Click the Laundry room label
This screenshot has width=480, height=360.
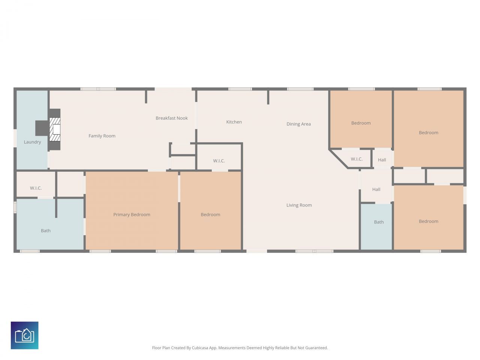32,142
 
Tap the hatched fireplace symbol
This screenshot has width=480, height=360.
55,129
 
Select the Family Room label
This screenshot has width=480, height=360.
102,136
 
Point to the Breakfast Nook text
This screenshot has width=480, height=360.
172,118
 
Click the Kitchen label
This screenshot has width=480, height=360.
234,122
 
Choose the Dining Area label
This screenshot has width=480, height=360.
298,124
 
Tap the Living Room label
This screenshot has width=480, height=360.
299,205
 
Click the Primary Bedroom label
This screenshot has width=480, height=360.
132,215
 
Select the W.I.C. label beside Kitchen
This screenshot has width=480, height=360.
219,161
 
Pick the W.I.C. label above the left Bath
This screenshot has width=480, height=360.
36,188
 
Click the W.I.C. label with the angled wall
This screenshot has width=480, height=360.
357,159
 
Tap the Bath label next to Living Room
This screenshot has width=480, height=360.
379,222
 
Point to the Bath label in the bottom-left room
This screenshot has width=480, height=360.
46,231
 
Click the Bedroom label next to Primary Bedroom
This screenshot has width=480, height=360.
210,215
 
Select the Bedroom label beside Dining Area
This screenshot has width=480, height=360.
361,123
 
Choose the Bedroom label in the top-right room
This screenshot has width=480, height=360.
428,133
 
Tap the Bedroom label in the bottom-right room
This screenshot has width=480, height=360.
428,222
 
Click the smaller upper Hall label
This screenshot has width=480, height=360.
382,160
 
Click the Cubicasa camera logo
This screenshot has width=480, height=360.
25,335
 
